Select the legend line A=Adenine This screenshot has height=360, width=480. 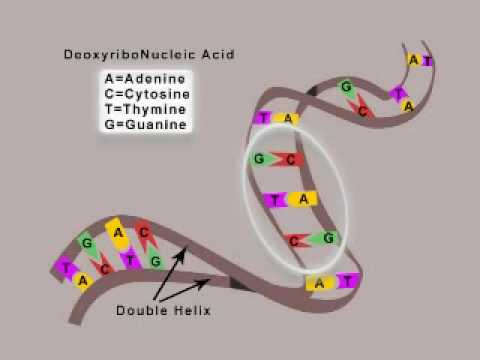click(x=145, y=78)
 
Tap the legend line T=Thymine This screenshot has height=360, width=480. click(x=145, y=110)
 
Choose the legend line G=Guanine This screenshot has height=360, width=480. click(x=145, y=126)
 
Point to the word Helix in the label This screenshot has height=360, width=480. click(x=192, y=310)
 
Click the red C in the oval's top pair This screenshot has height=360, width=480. click(x=289, y=160)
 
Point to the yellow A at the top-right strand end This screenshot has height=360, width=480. click(x=413, y=60)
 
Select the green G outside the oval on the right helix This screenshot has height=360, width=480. click(x=345, y=89)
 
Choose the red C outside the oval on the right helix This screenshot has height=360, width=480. click(x=364, y=110)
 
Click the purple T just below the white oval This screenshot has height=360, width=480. click(x=346, y=281)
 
